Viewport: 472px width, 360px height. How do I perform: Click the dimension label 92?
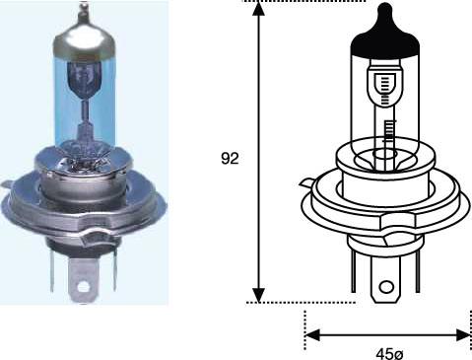point(230,159)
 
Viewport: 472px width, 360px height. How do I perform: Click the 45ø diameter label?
point(389,354)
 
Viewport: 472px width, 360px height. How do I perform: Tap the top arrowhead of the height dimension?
point(259,9)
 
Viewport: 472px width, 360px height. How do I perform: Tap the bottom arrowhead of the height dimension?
point(259,295)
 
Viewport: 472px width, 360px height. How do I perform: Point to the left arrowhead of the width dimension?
point(312,335)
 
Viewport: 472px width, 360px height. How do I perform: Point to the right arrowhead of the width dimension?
point(464,335)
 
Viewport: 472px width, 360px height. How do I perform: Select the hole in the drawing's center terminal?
point(386,287)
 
